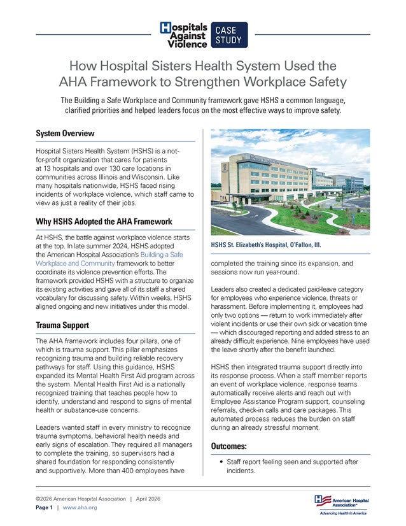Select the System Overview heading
click(65, 134)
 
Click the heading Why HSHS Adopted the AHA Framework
click(103, 222)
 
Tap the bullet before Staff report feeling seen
click(220, 461)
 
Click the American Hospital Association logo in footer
click(341, 501)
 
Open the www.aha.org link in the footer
click(80, 508)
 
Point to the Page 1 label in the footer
click(45, 508)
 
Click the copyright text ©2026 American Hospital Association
click(80, 499)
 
